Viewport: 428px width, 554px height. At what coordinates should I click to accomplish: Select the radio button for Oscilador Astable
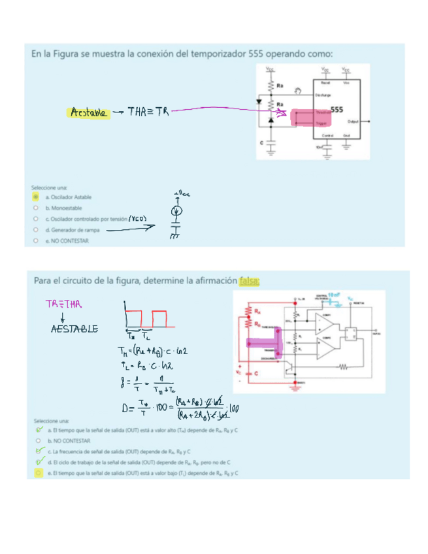36,197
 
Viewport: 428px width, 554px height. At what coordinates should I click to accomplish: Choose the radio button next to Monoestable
36,208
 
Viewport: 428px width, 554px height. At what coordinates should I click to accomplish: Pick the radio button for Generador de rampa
36,230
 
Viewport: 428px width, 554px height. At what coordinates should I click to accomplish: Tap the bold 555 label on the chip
337,110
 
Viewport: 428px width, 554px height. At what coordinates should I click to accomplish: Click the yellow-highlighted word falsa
250,281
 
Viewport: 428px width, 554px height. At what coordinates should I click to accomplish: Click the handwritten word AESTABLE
74,329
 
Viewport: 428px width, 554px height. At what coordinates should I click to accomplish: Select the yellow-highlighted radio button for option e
39,472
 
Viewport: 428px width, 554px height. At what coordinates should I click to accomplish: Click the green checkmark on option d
39,461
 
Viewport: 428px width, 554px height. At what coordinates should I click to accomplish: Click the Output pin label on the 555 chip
354,122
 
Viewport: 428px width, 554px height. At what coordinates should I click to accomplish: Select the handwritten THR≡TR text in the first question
148,112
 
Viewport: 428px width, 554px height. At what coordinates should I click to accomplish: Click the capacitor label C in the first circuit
261,141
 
